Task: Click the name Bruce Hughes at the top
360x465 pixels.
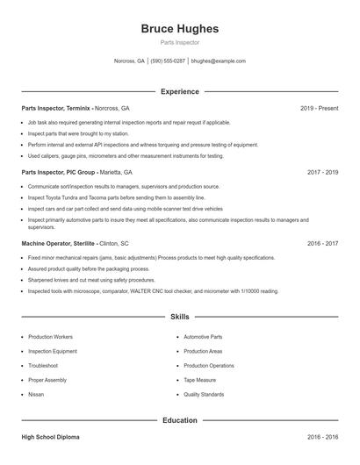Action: [x=179, y=29]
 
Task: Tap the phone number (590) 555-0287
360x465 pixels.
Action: [x=168, y=61]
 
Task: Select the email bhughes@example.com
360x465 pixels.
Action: [x=218, y=61]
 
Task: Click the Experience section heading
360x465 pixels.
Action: [x=179, y=91]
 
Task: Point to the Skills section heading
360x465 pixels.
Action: [x=179, y=316]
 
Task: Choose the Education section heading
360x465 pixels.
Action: [x=179, y=420]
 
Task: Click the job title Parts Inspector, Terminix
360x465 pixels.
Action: [x=56, y=108]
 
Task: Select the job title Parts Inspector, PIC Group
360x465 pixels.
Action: [x=58, y=173]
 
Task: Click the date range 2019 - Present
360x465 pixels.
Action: [x=319, y=108]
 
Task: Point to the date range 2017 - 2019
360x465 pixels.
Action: [x=322, y=173]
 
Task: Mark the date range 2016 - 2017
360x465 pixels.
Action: [x=322, y=243]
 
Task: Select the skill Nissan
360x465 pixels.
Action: [x=36, y=395]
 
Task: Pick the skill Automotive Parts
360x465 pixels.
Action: [x=203, y=337]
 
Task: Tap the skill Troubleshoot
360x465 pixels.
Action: [x=43, y=366]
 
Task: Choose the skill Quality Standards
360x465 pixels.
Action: [x=204, y=395]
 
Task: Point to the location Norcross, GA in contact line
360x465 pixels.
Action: [x=129, y=61]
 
